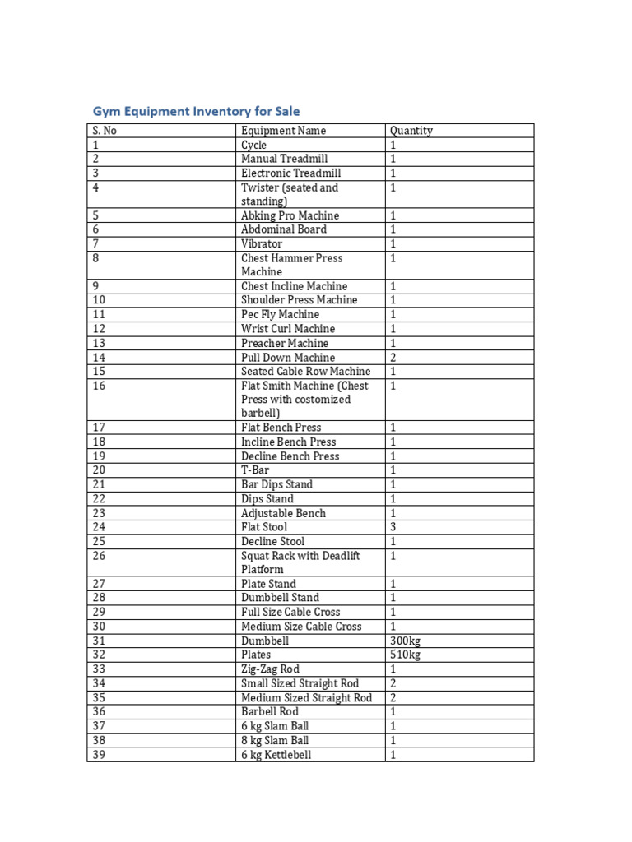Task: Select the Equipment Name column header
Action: [x=283, y=131]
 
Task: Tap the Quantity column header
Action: [x=411, y=131]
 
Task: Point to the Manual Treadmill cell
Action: [x=285, y=159]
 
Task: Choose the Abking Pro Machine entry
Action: [x=290, y=215]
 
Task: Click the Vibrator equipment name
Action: [x=262, y=243]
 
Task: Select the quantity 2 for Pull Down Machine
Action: [x=393, y=358]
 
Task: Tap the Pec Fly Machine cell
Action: [x=280, y=314]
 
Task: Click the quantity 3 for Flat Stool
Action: [x=393, y=527]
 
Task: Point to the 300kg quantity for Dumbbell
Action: [x=405, y=641]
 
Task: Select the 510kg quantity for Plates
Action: [x=405, y=655]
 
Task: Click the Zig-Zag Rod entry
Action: [x=270, y=669]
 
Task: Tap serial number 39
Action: [x=99, y=755]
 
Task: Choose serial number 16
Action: [x=99, y=386]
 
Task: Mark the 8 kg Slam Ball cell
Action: [x=275, y=740]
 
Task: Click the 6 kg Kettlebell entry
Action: [x=276, y=755]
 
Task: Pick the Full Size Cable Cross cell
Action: [x=290, y=612]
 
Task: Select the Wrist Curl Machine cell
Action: [x=288, y=329]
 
